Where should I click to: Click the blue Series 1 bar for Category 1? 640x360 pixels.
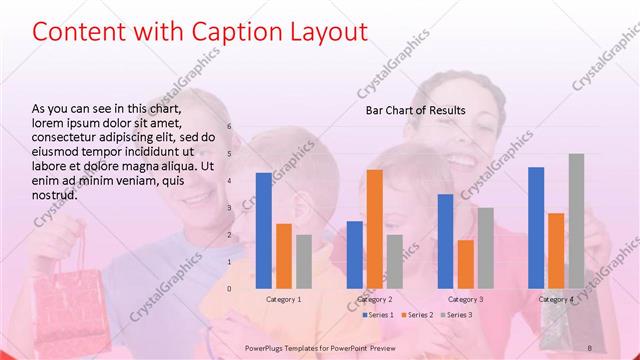[x=263, y=230]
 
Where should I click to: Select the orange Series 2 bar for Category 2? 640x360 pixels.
[x=374, y=229]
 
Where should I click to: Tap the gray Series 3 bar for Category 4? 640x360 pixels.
[x=576, y=221]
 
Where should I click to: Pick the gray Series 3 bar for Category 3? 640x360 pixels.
[x=486, y=248]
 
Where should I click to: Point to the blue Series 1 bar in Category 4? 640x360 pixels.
[x=536, y=228]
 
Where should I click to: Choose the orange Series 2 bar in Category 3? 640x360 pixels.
[x=465, y=264]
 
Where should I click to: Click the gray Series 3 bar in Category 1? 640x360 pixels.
[x=304, y=261]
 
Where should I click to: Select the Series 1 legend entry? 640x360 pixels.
[x=378, y=315]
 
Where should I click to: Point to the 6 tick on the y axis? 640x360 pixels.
[x=229, y=127]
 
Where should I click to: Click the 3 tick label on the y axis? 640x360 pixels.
[x=229, y=208]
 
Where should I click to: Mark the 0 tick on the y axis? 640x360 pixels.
[x=229, y=289]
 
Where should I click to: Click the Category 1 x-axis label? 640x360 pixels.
[x=284, y=299]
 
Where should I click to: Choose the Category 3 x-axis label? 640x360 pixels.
[x=465, y=299]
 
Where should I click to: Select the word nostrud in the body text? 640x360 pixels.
[x=55, y=196]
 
